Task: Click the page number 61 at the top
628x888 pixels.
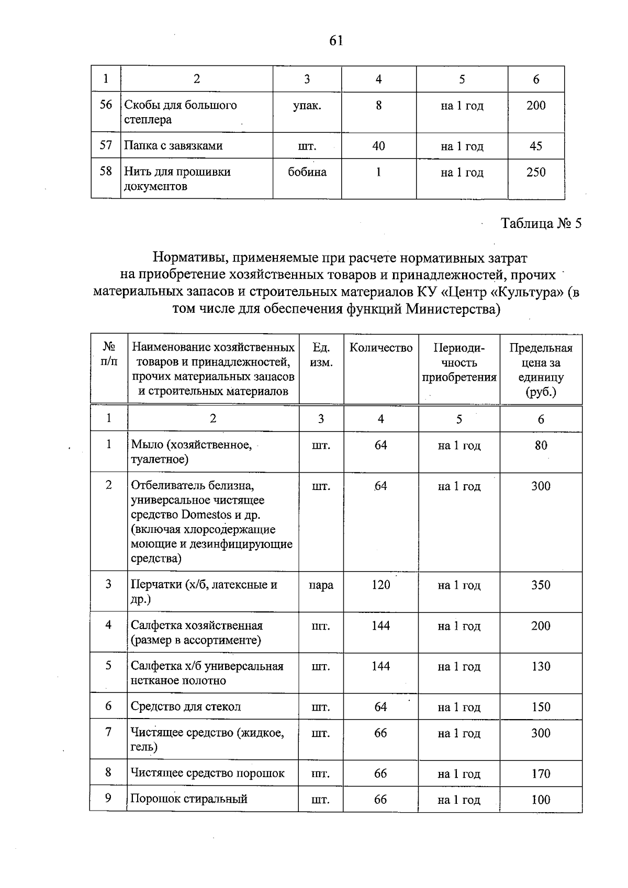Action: coord(336,41)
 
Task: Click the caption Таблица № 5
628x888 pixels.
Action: coord(541,224)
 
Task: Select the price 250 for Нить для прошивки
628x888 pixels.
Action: coord(536,173)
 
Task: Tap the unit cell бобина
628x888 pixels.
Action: coord(307,173)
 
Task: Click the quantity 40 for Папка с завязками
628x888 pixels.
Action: coord(378,146)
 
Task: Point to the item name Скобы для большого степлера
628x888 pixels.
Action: coord(180,112)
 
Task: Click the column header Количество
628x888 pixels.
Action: coord(380,348)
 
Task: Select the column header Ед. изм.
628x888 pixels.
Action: coord(321,355)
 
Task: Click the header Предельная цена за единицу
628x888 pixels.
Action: coord(541,370)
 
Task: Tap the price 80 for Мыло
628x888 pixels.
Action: coord(541,446)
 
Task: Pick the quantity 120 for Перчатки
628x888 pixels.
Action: coord(380,585)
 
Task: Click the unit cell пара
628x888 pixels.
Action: coord(321,585)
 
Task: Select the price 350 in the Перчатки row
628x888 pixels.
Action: coord(541,585)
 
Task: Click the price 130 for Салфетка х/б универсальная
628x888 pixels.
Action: coord(541,667)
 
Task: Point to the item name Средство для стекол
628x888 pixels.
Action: coord(186,707)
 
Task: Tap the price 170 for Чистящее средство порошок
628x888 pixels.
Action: coord(541,773)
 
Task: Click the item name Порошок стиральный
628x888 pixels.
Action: coord(189,799)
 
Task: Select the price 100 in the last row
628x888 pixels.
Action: coord(541,800)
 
